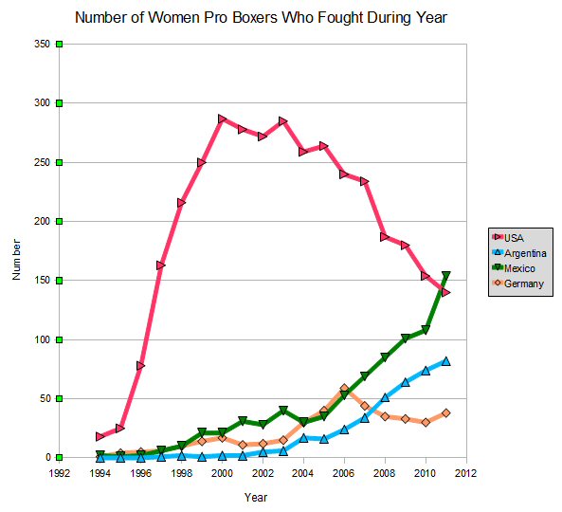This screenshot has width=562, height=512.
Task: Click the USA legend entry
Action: pos(508,238)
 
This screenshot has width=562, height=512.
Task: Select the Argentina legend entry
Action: pos(519,253)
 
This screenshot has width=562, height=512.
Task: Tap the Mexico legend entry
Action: pos(514,268)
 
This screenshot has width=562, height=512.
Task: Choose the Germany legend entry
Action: pos(518,283)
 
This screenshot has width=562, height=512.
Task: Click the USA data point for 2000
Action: pos(222,119)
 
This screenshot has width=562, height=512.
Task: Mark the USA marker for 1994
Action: pos(100,436)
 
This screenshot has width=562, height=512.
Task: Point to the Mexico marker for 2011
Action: pos(446,275)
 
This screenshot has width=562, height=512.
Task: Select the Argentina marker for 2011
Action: pos(446,361)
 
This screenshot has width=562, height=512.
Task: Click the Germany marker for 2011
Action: pos(446,413)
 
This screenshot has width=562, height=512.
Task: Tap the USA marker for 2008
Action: pos(385,237)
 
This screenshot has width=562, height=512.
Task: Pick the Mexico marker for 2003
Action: pos(283,411)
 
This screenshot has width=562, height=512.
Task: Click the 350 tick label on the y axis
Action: pos(42,45)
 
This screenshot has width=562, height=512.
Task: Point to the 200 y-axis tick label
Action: pos(42,221)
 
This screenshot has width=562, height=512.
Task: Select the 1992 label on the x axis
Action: pos(60,473)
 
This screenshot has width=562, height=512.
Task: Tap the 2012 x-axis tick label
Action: pos(466,473)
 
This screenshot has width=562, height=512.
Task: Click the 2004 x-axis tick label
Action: pos(303,473)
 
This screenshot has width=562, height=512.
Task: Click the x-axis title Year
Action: pos(256,497)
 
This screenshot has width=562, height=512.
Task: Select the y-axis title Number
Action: pos(16,259)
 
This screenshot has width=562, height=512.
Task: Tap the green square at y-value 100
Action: pos(60,339)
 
